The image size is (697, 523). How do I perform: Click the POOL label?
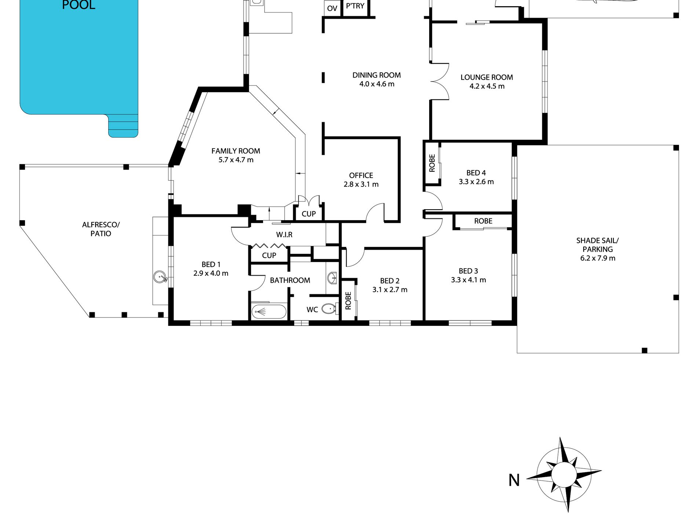click(x=79, y=5)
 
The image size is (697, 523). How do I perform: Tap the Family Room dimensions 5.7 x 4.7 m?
click(x=236, y=160)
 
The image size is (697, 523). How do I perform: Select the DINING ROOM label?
click(x=376, y=75)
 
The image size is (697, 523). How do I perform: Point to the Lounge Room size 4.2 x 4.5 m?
click(x=487, y=86)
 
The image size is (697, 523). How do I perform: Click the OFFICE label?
click(x=361, y=175)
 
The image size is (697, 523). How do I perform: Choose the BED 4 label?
click(x=476, y=173)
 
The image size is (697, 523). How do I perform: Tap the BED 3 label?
click(x=468, y=271)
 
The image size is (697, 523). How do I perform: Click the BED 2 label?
click(x=390, y=281)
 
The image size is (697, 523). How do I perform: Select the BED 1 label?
click(x=211, y=264)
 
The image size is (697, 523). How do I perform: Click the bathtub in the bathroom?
click(x=269, y=312)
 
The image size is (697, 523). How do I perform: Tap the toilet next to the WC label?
click(x=330, y=309)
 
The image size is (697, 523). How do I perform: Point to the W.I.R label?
click(x=284, y=235)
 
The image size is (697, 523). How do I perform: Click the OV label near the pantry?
click(x=332, y=8)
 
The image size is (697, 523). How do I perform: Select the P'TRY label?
click(x=355, y=6)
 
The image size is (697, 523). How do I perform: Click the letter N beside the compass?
click(x=514, y=480)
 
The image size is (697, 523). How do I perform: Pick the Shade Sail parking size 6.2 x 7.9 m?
click(x=598, y=258)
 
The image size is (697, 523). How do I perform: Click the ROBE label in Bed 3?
click(x=483, y=221)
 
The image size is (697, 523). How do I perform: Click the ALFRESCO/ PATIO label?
click(x=101, y=229)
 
